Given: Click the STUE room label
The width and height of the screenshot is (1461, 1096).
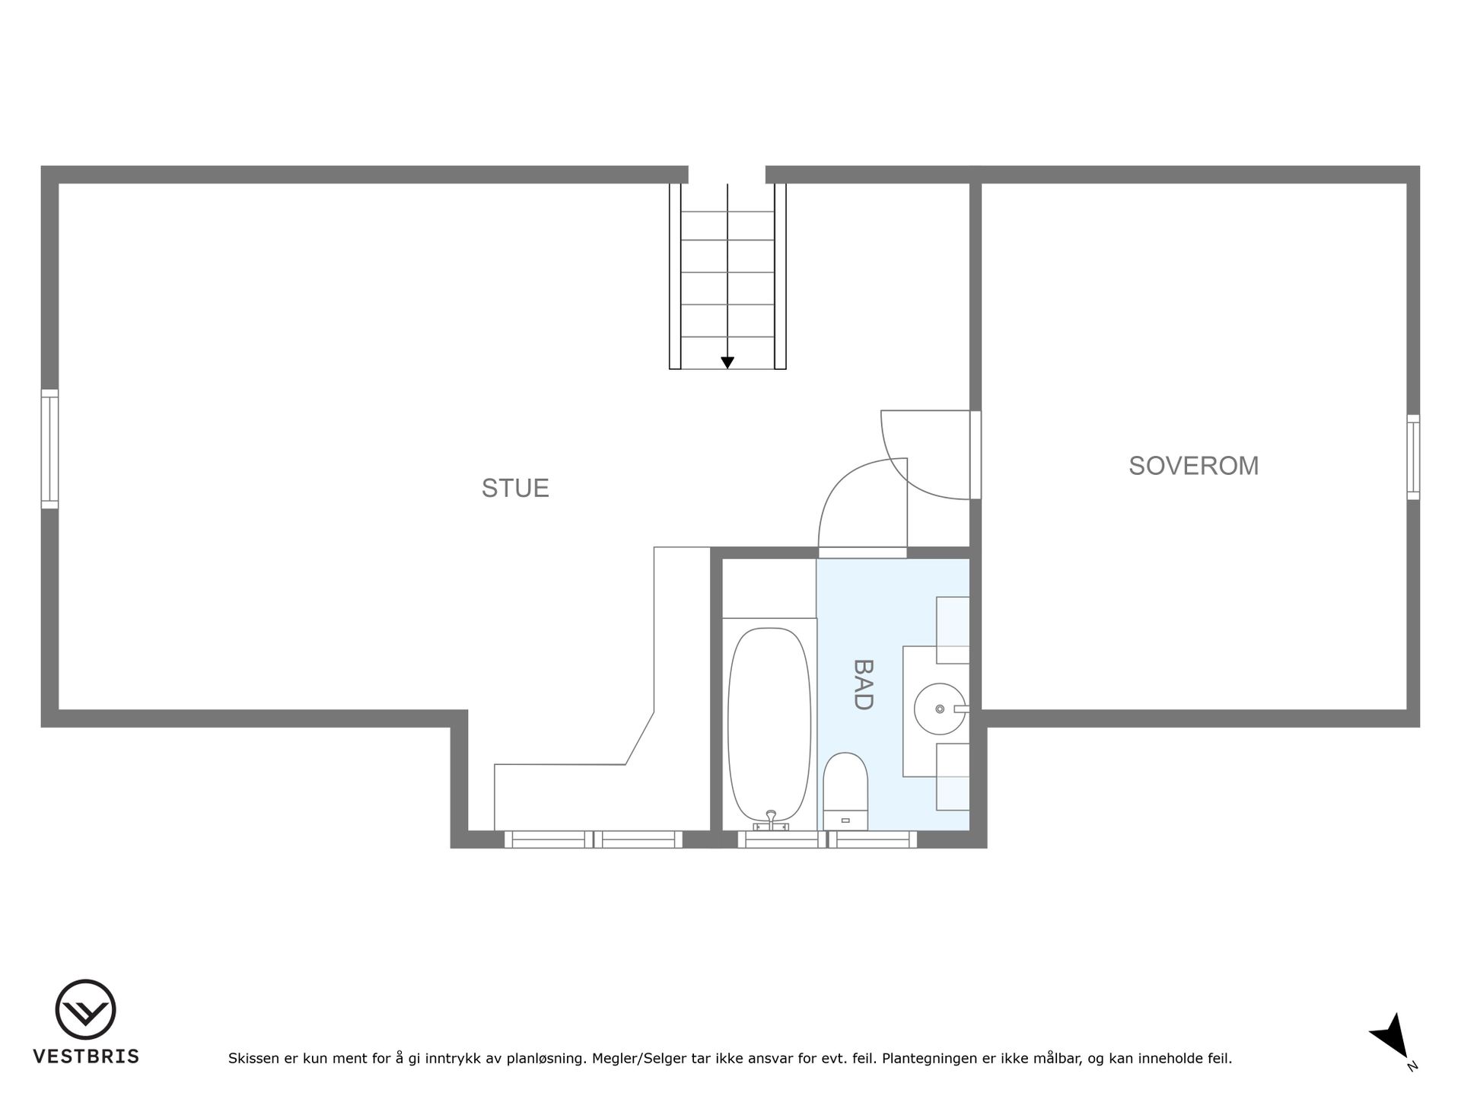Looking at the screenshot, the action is click(x=515, y=488).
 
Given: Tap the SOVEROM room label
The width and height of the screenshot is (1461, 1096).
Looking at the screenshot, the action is click(x=1193, y=466).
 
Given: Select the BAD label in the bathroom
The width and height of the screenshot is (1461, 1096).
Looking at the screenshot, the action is click(x=863, y=684).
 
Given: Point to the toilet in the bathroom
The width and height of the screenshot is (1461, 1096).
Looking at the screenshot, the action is click(x=845, y=792).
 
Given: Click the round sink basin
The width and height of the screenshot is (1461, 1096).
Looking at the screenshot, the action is click(x=940, y=709).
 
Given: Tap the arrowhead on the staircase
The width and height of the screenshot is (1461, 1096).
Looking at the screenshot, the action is click(x=727, y=363).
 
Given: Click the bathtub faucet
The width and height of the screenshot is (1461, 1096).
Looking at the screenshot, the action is click(x=771, y=820).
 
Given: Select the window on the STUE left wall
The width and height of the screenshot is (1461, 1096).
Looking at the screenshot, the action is click(x=49, y=449).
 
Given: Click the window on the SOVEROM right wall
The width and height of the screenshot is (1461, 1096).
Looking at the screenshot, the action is click(x=1413, y=457).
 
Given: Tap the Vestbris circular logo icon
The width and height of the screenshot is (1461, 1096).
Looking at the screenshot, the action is click(x=85, y=1010).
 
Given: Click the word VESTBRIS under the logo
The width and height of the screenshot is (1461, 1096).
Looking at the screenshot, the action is click(x=86, y=1056).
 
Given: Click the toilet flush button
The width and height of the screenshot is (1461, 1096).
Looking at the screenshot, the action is click(x=845, y=820).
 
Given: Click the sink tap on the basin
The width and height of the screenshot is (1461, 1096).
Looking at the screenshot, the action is click(x=960, y=709).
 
